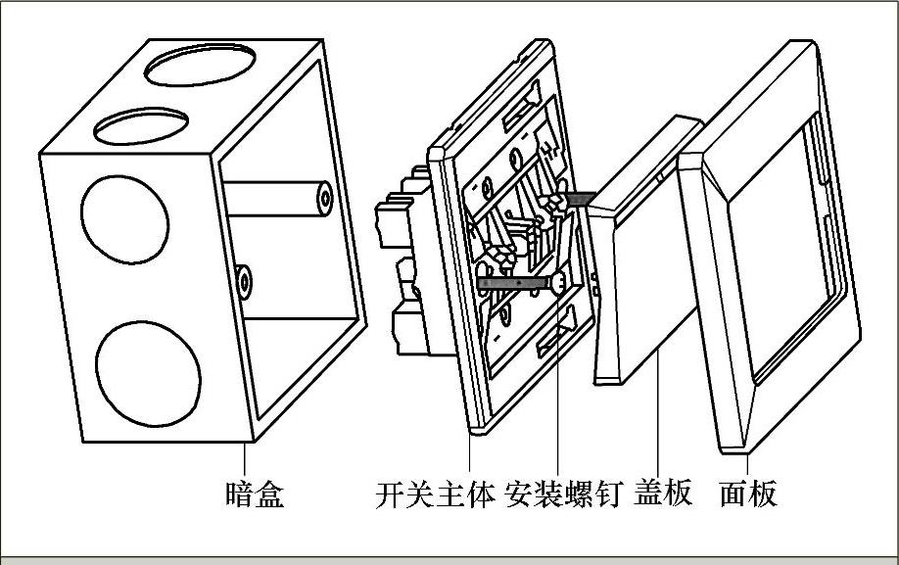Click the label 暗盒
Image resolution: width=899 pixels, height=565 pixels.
pos(254,494)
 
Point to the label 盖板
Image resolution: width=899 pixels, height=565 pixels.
pos(664,492)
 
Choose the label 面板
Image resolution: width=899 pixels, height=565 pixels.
pos(748,494)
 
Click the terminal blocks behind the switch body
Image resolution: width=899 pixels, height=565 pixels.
pos(402,264)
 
